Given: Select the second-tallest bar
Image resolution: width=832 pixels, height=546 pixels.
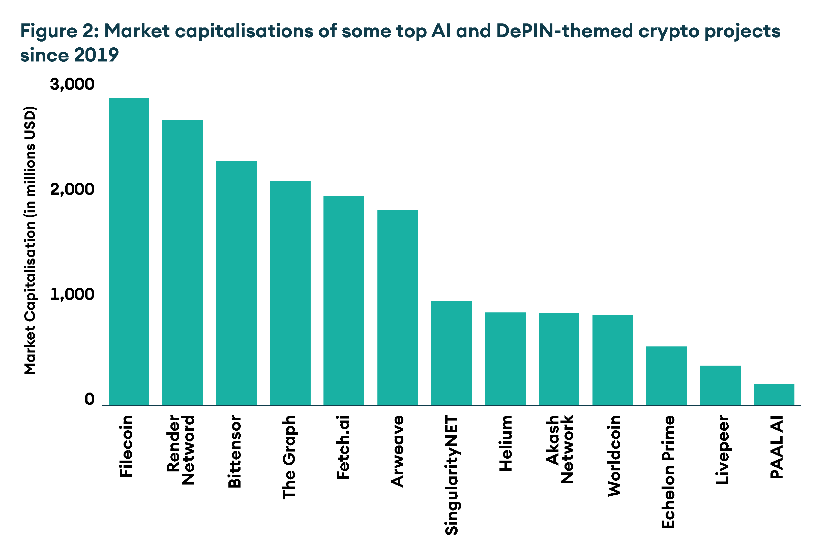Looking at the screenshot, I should click(x=183, y=262).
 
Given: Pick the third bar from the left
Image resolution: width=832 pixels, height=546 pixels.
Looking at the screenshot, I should click(x=236, y=283).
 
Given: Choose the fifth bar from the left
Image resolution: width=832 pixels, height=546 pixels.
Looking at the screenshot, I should click(x=344, y=300).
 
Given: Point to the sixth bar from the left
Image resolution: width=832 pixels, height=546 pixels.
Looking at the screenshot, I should click(x=398, y=307).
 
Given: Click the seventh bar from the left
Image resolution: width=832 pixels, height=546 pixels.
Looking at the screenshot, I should click(x=451, y=353).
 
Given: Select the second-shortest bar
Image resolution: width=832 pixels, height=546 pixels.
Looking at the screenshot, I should click(x=720, y=385).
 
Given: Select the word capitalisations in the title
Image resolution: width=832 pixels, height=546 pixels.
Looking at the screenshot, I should click(x=244, y=31).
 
